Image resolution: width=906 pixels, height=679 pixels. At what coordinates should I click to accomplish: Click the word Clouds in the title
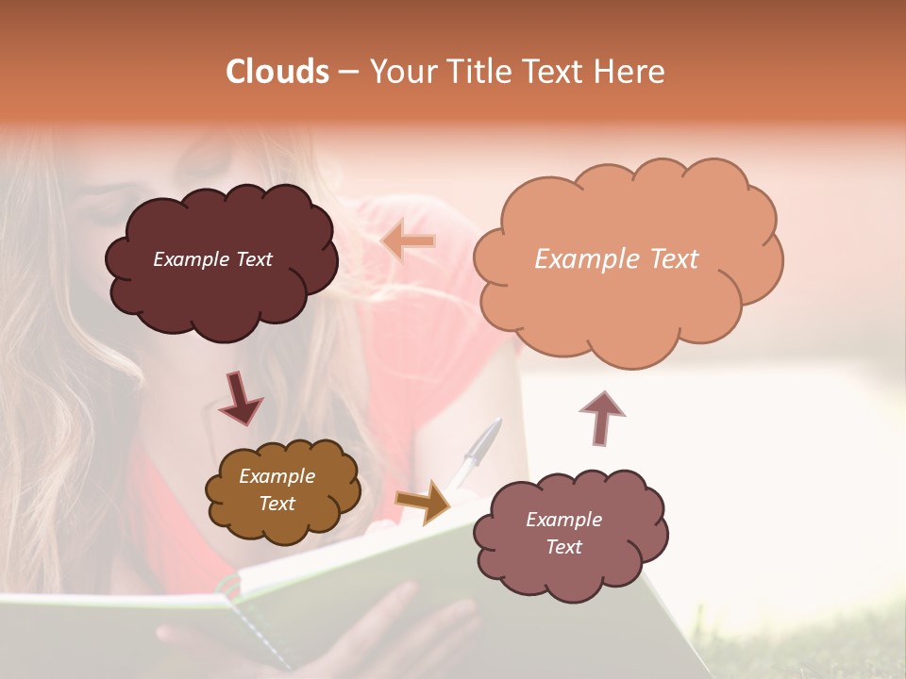click(x=277, y=72)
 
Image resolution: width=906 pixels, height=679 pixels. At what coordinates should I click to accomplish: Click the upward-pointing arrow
click(x=601, y=418)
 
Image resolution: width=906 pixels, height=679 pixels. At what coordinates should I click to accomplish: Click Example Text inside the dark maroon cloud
click(x=212, y=259)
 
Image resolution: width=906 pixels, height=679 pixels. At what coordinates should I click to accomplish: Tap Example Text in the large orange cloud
click(x=616, y=259)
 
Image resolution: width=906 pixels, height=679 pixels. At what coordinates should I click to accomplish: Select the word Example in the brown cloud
click(x=277, y=476)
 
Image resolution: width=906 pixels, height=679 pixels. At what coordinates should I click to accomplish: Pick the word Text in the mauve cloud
click(x=563, y=547)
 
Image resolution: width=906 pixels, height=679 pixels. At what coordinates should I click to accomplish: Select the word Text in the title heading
click(x=556, y=72)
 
